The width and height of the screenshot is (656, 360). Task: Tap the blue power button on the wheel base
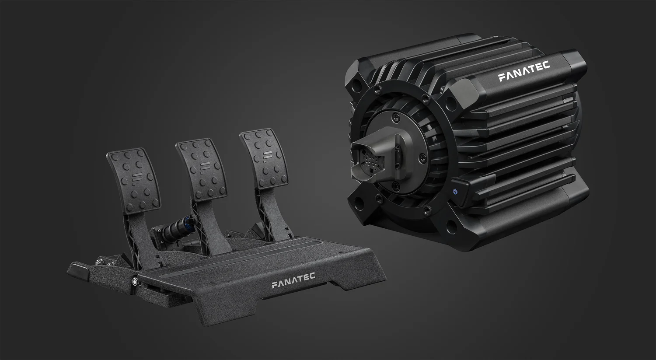pos(456,191)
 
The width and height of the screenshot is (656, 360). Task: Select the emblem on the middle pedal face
pos(204,167)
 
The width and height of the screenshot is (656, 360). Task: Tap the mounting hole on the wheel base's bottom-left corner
pos(360,203)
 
